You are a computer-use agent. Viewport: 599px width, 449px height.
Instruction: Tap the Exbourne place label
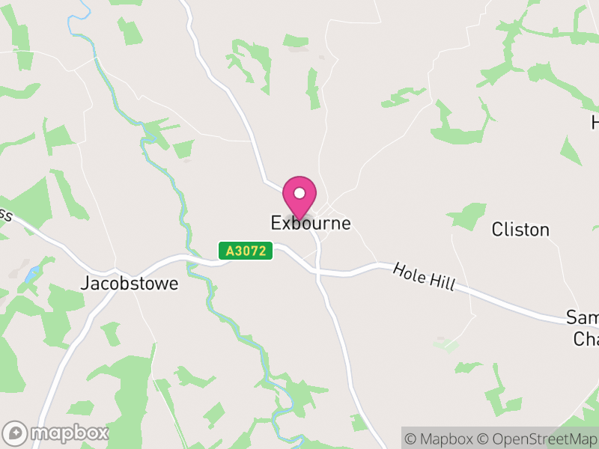click(310, 223)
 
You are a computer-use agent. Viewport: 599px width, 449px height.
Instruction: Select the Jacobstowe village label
click(130, 284)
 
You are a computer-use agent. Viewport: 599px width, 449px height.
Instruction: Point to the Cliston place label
click(520, 229)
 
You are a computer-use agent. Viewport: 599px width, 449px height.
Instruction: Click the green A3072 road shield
click(246, 251)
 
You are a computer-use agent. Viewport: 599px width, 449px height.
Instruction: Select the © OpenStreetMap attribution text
click(537, 439)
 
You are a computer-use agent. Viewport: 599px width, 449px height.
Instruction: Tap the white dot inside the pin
click(299, 193)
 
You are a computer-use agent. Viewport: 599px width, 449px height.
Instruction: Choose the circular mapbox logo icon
click(16, 433)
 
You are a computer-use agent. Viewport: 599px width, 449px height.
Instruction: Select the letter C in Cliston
click(497, 229)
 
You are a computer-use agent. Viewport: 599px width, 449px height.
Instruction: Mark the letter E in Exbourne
click(276, 223)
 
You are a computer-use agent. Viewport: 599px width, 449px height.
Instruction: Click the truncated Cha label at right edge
click(586, 339)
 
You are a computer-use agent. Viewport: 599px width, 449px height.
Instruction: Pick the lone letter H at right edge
click(595, 122)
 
